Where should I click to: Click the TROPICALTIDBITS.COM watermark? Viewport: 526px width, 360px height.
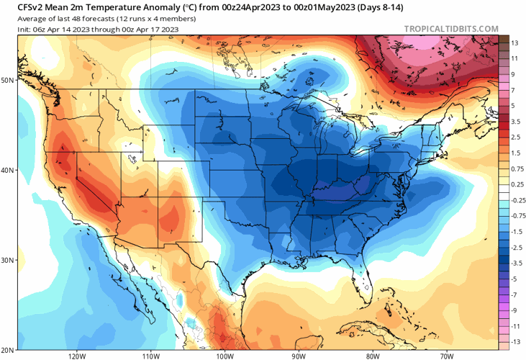point(451,29)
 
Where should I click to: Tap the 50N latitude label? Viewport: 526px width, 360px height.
point(8,80)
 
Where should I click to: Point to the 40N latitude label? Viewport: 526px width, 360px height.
point(8,171)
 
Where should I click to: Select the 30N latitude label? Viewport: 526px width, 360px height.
point(8,260)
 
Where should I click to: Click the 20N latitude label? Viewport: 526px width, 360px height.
point(8,349)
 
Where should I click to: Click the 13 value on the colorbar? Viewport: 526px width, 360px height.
point(515,43)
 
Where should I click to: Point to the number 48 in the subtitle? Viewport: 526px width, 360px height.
point(74,19)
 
